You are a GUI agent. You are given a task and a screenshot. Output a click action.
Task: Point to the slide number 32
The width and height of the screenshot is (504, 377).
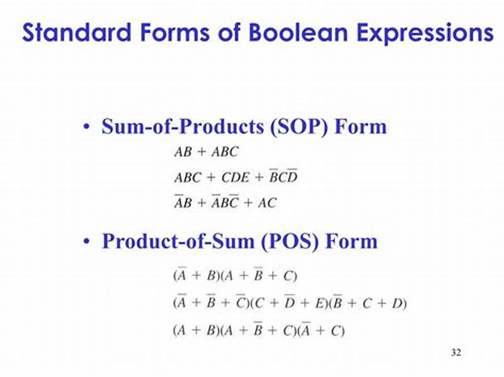(456, 353)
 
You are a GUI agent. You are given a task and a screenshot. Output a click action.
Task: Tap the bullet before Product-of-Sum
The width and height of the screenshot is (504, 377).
(86, 242)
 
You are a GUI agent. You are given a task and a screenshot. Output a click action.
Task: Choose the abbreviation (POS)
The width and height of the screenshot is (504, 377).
(294, 242)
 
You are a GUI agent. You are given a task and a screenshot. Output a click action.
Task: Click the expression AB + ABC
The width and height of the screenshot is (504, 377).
(206, 152)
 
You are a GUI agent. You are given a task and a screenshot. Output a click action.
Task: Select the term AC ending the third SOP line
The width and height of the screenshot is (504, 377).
(266, 203)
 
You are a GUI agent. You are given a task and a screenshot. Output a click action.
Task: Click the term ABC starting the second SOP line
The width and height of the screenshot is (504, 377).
(187, 177)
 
